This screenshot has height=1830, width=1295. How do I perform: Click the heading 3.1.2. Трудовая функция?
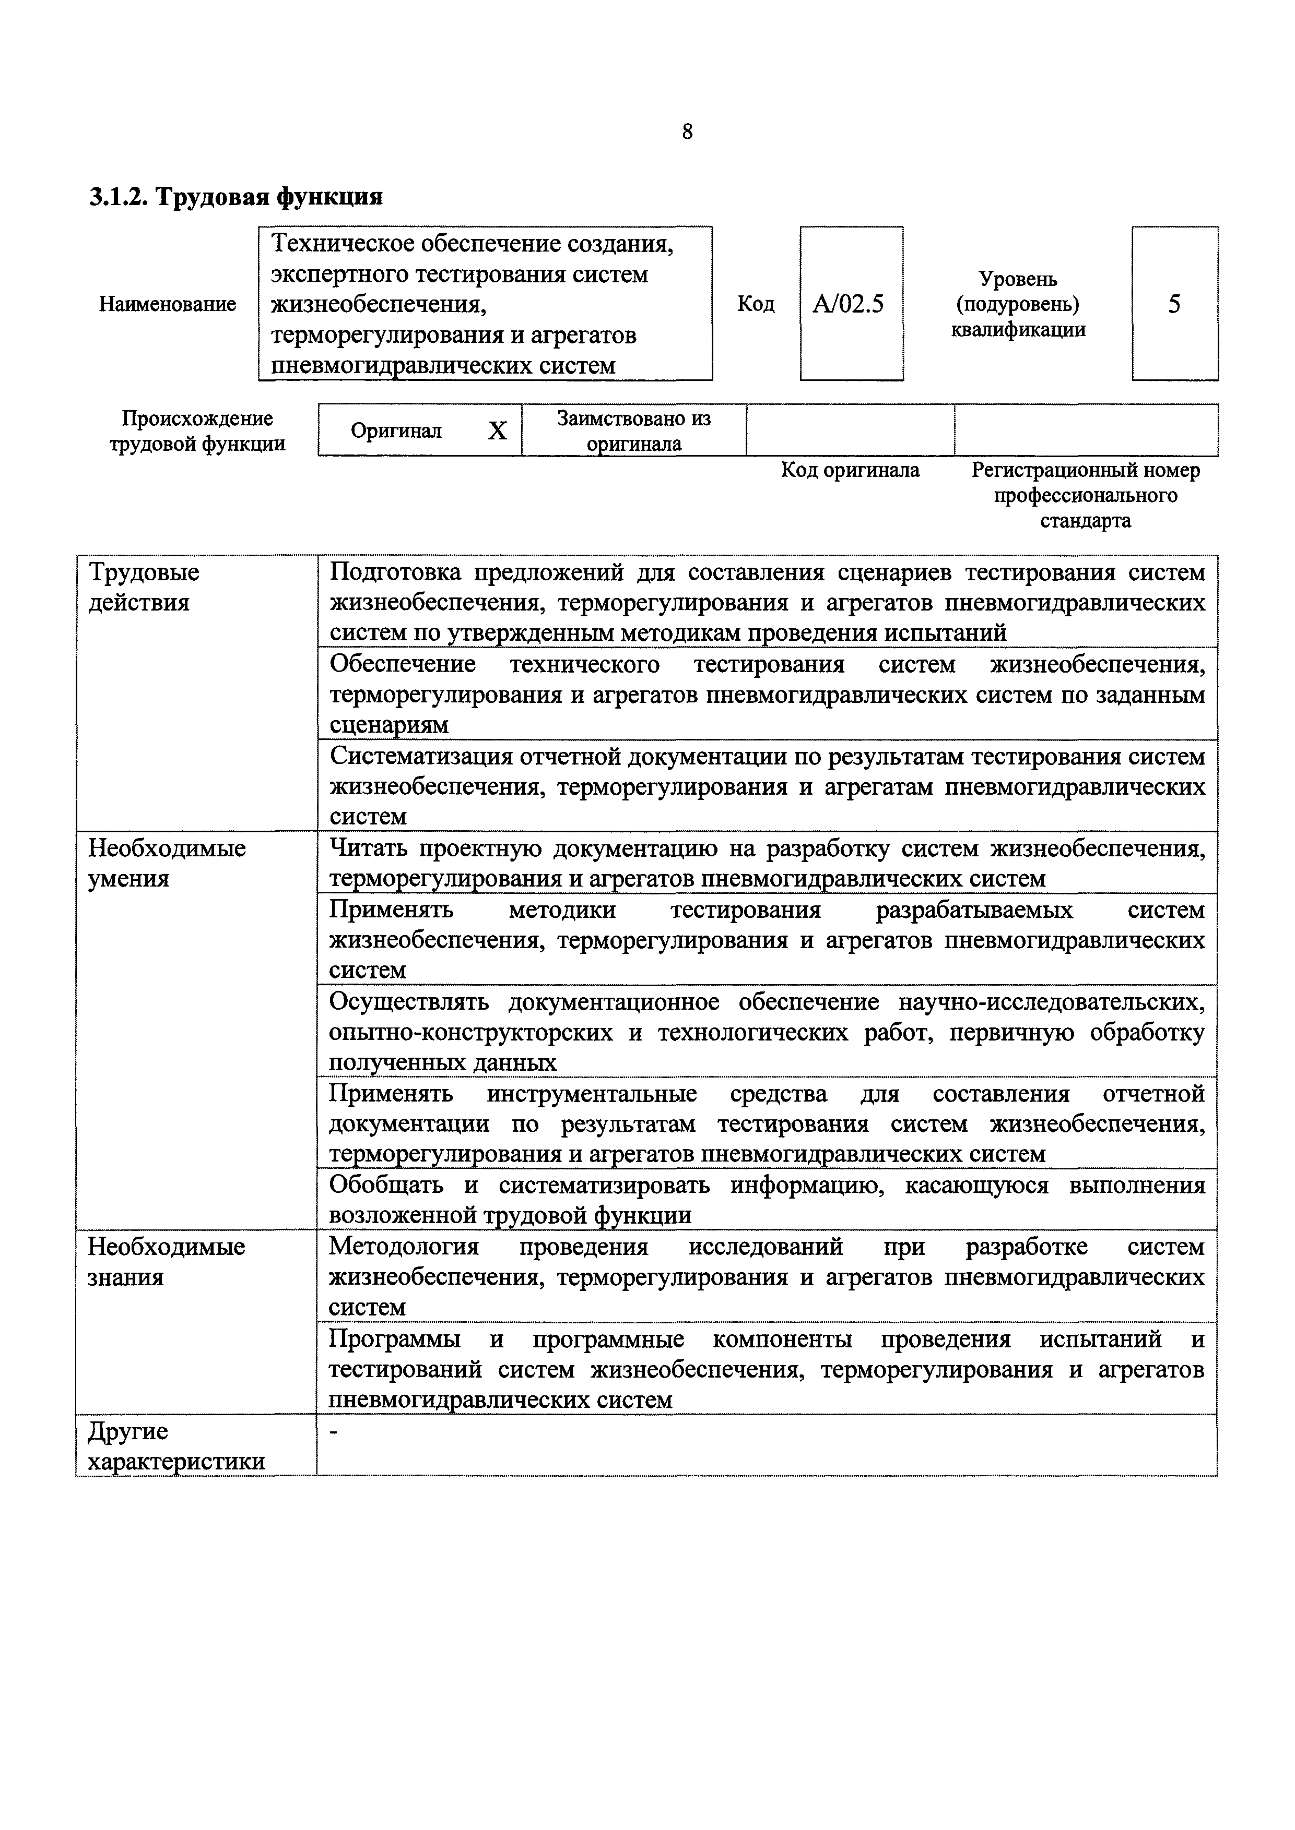point(235,197)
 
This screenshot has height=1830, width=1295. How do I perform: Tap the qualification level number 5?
point(1174,304)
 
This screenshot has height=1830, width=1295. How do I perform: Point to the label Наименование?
point(168,304)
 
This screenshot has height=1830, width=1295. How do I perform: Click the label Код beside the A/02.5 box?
point(755,304)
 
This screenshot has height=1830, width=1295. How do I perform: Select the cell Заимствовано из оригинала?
point(634,431)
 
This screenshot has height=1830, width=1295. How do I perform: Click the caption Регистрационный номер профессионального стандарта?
point(1085,496)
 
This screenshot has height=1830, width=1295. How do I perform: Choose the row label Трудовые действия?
point(144,588)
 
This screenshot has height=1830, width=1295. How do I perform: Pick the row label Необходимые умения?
point(166,863)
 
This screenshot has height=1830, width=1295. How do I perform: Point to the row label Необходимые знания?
point(166,1262)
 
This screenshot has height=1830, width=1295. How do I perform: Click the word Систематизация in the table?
point(421,757)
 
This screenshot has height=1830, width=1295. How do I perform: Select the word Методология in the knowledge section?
point(404,1247)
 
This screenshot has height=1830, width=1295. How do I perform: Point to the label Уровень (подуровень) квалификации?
point(1018,304)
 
